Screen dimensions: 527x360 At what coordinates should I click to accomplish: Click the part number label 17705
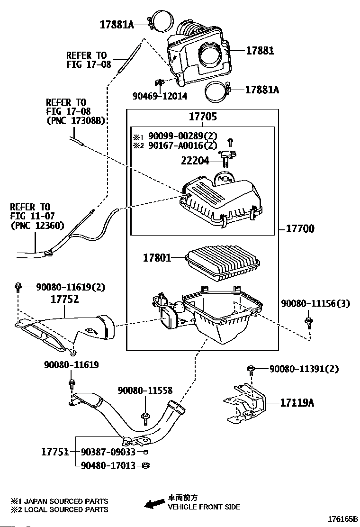pyautogui.click(x=204, y=117)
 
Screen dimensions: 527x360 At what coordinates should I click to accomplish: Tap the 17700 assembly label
pyautogui.click(x=300, y=229)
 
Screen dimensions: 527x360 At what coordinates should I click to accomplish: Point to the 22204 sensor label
pyautogui.click(x=194, y=161)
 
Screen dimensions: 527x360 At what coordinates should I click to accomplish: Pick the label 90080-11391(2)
pyautogui.click(x=304, y=369)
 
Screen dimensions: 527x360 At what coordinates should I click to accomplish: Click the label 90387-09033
pyautogui.click(x=108, y=452)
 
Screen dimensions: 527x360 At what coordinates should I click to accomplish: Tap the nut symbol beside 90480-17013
pyautogui.click(x=146, y=465)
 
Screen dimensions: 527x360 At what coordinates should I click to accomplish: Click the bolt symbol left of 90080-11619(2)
pyautogui.click(x=18, y=286)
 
